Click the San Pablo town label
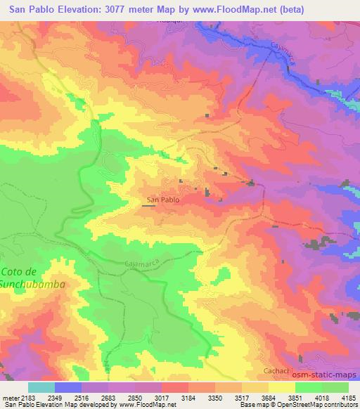pyautogui.click(x=162, y=200)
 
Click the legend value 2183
pyautogui.click(x=25, y=397)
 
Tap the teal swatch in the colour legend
pyautogui.click(x=41, y=387)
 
